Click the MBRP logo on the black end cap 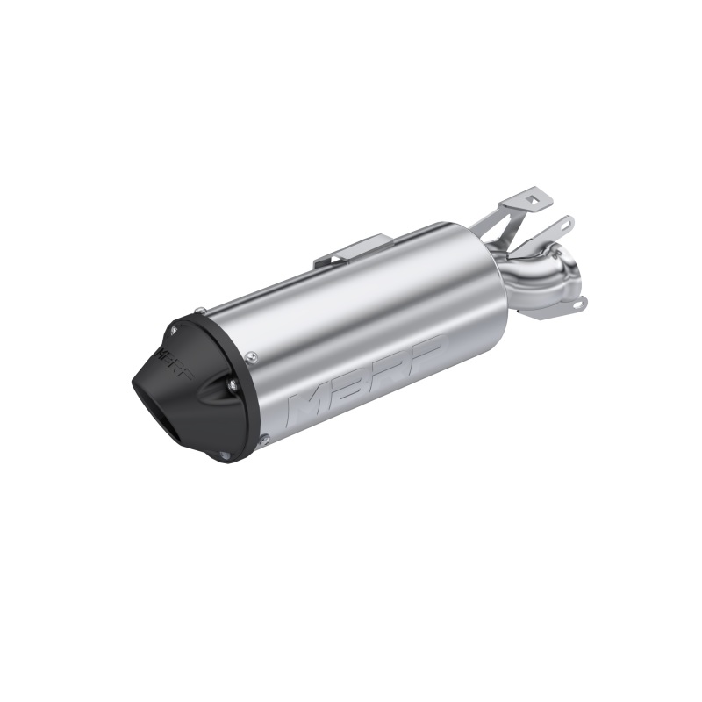[x=176, y=361]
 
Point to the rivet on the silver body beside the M [x=253, y=355]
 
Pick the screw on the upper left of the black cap [x=173, y=328]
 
